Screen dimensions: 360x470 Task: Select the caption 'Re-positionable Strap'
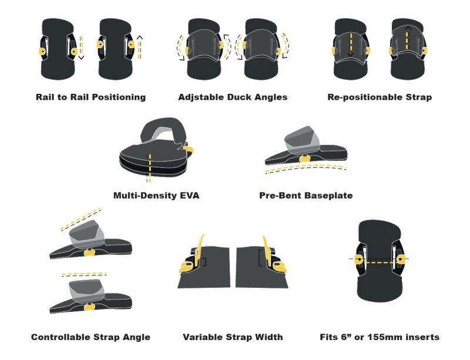point(380,97)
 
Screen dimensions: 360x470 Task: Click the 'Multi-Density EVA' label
point(156,195)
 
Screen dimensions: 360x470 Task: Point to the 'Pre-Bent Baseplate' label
point(305,195)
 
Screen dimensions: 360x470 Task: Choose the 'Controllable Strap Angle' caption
point(90,337)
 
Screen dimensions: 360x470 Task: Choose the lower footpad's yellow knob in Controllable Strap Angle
point(90,307)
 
